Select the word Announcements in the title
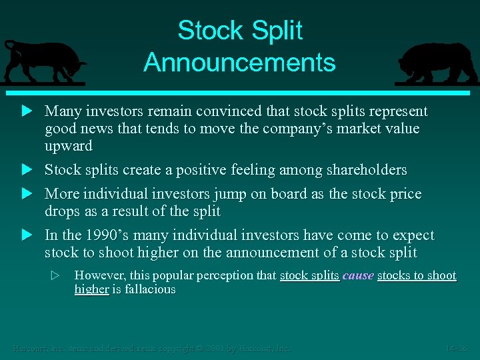[239, 63]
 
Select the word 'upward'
[69, 146]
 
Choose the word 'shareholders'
[366, 170]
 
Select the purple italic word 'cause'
[358, 275]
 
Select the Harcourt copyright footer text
[151, 348]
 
